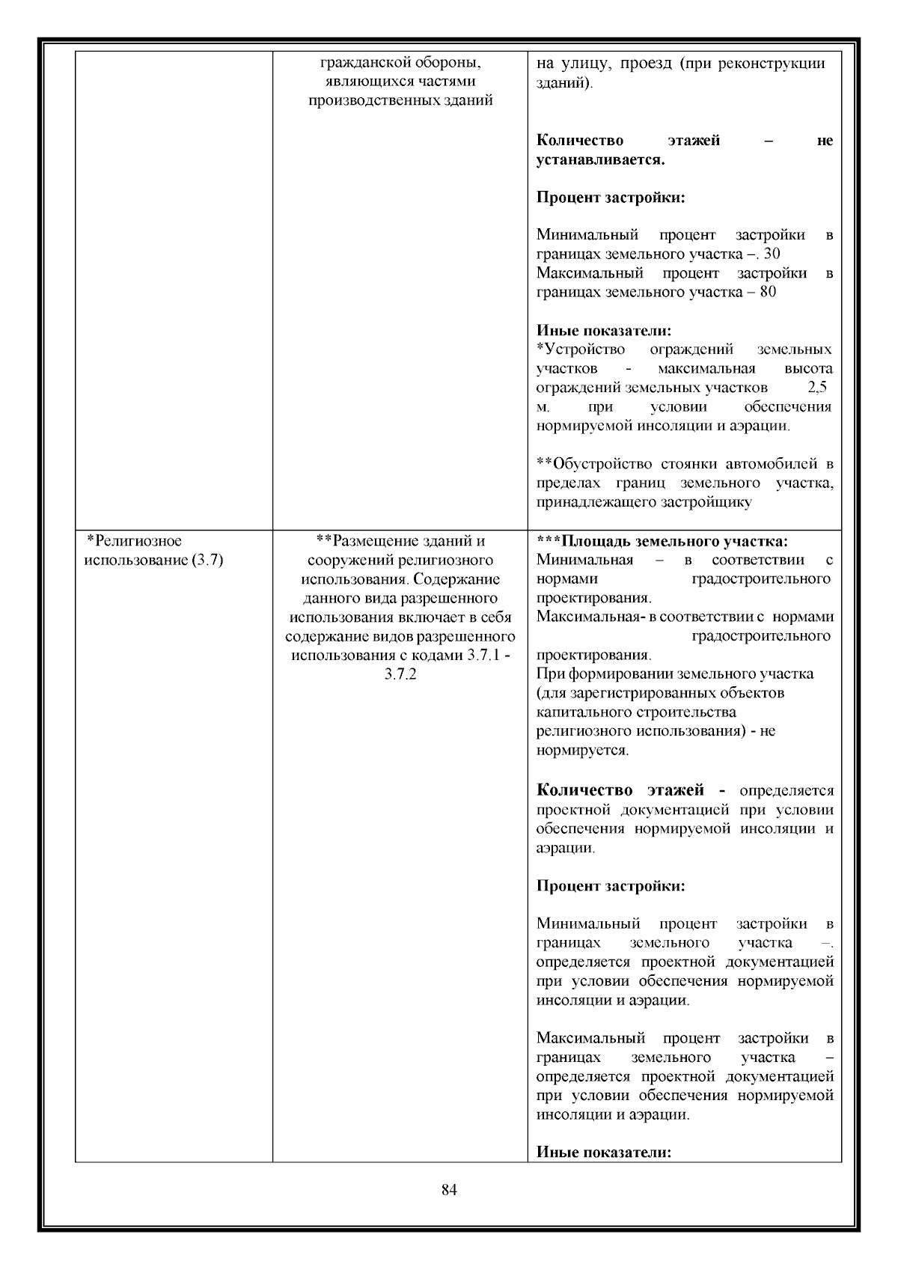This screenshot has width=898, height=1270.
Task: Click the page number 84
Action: [x=449, y=1190]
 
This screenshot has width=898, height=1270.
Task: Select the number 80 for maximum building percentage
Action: [x=767, y=292]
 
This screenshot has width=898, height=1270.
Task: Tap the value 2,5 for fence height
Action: [x=817, y=388]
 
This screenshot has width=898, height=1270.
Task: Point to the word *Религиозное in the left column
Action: [x=135, y=541]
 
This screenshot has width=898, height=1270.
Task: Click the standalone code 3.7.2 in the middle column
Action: [x=400, y=674]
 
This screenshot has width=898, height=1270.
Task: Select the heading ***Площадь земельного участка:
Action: [x=662, y=541]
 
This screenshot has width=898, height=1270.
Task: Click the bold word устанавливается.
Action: [x=600, y=160]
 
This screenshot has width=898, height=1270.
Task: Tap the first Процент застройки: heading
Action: [x=611, y=198]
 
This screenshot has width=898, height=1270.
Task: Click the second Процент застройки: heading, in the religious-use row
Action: [x=611, y=886]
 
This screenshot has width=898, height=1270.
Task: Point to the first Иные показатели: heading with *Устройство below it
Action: [x=604, y=331]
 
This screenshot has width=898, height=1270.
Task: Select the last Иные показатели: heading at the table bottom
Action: [x=604, y=1153]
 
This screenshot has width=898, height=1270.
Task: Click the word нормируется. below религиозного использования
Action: [x=582, y=750]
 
